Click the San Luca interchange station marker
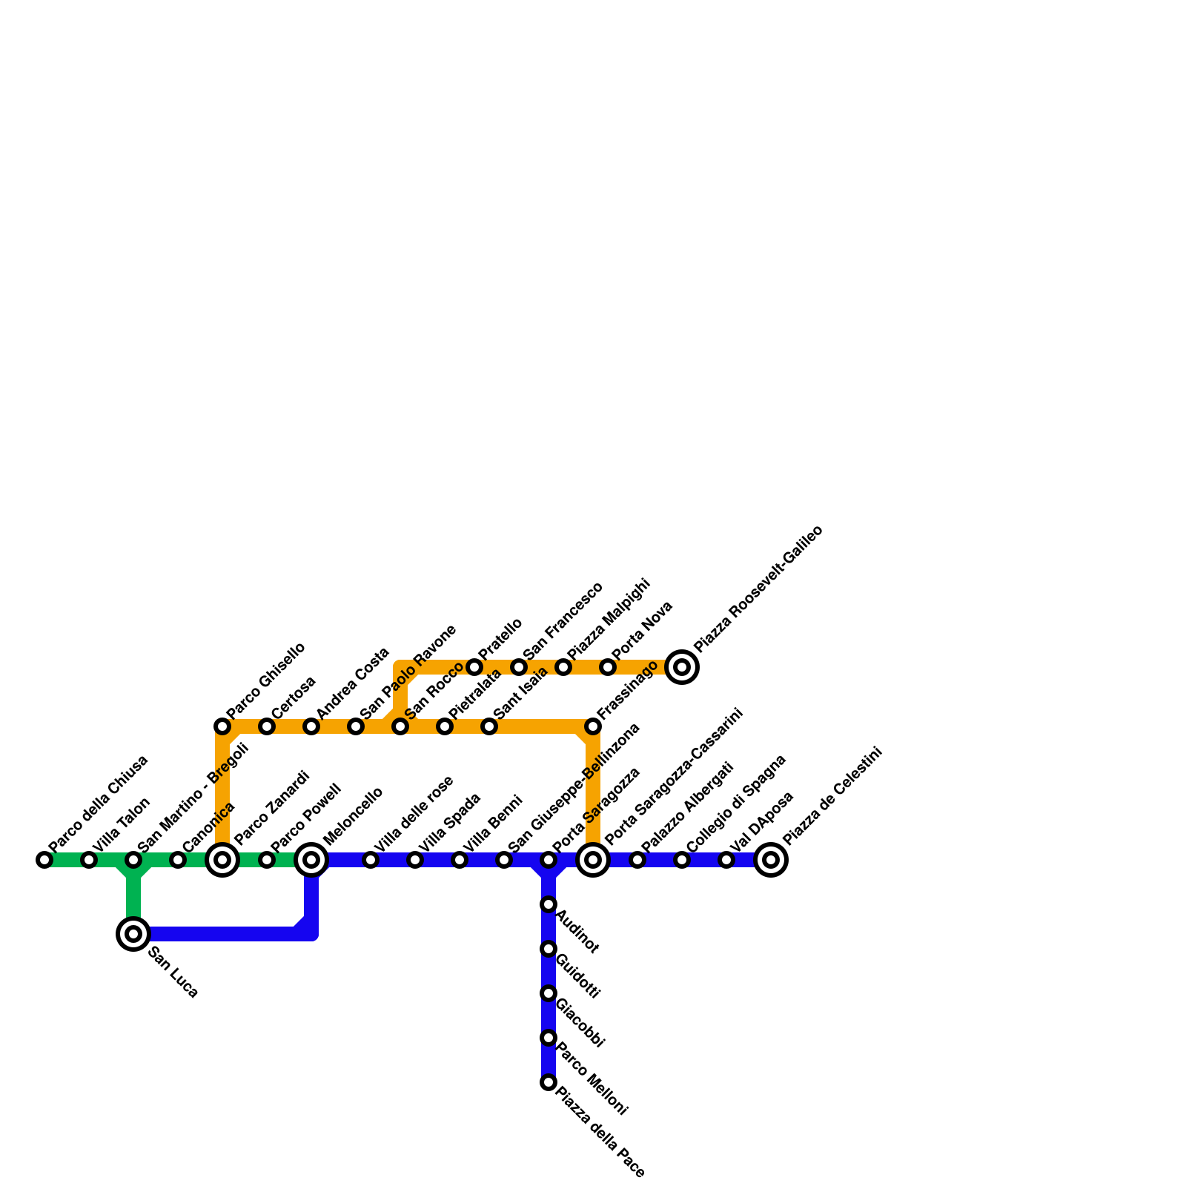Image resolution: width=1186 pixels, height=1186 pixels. [133, 934]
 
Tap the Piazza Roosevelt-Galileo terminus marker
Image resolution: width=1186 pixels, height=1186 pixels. [682, 667]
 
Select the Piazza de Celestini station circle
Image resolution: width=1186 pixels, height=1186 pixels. [771, 860]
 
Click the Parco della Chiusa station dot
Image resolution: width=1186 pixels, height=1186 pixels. [44, 860]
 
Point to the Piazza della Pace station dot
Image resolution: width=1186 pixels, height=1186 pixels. [549, 1082]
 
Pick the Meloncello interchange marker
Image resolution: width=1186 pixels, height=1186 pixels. [311, 860]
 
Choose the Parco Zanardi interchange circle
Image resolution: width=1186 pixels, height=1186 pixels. [222, 860]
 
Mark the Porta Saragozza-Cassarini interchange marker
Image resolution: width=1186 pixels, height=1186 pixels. [593, 860]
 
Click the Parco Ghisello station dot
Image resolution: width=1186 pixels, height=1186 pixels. [222, 726]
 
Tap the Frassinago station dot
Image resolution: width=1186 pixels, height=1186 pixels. [593, 726]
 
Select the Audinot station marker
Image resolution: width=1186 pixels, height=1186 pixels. [549, 904]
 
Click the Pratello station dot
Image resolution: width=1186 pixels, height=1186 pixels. [474, 667]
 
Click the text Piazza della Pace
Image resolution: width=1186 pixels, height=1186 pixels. [600, 1132]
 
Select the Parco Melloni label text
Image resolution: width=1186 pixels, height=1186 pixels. [592, 1079]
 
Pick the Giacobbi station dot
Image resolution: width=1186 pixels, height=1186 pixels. [549, 993]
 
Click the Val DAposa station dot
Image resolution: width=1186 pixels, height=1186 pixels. [726, 860]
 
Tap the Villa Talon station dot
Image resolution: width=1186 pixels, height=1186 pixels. [89, 860]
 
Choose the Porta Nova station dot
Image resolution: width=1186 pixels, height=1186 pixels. [608, 667]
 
